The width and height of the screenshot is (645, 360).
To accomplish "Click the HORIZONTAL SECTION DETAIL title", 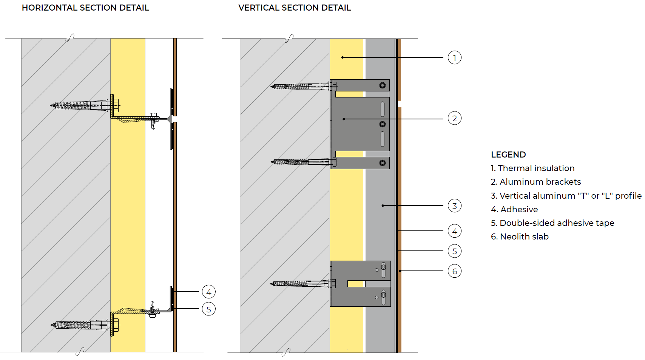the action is click(85, 8).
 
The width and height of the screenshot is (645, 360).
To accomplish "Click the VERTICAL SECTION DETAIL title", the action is click(295, 8).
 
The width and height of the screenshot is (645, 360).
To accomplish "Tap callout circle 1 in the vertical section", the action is click(454, 57).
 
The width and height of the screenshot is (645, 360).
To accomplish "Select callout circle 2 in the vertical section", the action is click(454, 118).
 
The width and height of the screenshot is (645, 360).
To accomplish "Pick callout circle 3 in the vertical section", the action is click(454, 205).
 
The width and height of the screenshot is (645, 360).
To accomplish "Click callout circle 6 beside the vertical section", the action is click(454, 271).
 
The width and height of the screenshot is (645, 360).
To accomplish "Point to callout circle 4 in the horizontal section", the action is click(208, 292).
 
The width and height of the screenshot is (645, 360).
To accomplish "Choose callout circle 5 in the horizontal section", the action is click(208, 309).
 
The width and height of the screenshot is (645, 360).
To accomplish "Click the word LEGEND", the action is click(508, 155).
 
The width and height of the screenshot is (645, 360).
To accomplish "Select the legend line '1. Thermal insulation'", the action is click(532, 168).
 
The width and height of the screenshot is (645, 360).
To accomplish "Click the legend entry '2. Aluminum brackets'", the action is click(536, 182).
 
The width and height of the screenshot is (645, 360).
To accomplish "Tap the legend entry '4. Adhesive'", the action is click(514, 209).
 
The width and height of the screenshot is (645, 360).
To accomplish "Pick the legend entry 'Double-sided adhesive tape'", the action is click(557, 223).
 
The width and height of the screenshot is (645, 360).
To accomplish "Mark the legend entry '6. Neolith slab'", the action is click(520, 236).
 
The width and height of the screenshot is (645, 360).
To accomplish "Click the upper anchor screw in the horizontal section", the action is click(85, 105).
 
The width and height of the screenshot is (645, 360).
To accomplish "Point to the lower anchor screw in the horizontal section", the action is click(85, 325).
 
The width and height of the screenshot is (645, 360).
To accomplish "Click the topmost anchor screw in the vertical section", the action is click(304, 86).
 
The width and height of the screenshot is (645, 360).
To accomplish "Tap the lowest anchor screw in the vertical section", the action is click(303, 284).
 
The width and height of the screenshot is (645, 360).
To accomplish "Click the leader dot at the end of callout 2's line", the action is click(344, 119).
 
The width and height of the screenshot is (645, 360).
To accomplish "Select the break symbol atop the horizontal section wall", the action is click(70, 38).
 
